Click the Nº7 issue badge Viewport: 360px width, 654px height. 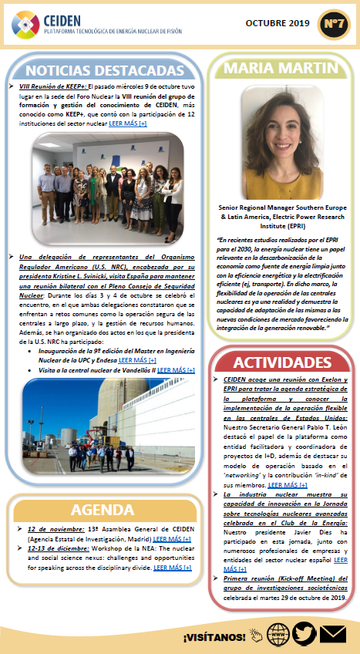[x=334, y=24]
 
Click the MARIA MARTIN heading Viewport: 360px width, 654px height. [x=288, y=67]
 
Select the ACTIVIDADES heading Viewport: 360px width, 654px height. [x=288, y=362]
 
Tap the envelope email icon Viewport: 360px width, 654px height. [x=332, y=634]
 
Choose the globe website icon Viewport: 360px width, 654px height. [x=272, y=634]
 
